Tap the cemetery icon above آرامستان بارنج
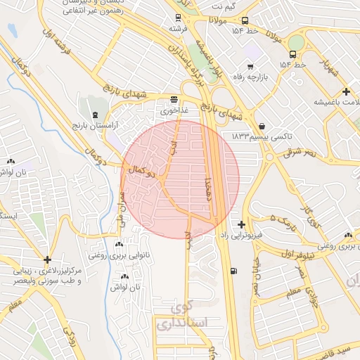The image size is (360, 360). tap(96, 114)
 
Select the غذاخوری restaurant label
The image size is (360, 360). tap(174, 110)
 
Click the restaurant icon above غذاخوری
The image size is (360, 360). tap(174, 100)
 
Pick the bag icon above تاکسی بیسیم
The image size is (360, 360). tap(262, 127)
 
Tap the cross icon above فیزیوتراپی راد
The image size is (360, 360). tap(242, 224)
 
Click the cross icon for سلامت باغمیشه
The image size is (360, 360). tap(346, 91)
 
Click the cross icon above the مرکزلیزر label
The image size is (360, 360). tap(47, 260)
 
